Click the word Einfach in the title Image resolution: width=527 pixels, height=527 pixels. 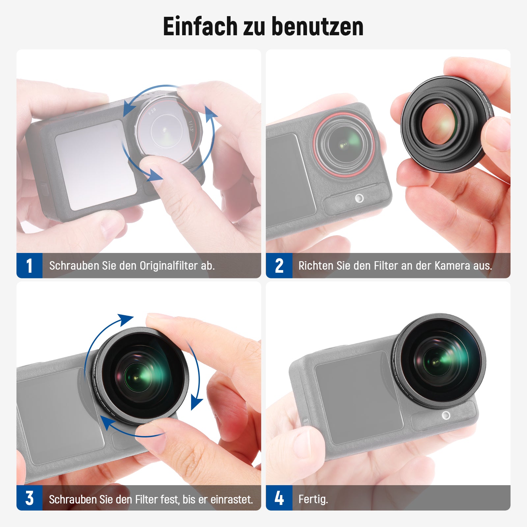tap(200, 26)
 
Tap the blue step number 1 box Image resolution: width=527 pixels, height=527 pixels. tap(29, 265)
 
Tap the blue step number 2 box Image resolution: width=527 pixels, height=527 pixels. tap(279, 265)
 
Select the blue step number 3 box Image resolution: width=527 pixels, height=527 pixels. tap(29, 498)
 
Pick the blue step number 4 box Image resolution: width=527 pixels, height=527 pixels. tap(279, 498)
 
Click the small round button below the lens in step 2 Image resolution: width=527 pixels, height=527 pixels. tap(359, 198)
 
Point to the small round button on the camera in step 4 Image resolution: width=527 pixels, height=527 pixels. tap(446, 415)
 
